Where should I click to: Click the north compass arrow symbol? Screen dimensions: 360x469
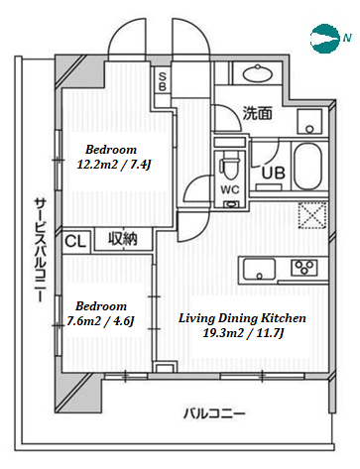(325, 38)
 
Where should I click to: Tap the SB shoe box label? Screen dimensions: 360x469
(163, 81)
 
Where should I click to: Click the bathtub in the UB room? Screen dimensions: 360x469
(309, 167)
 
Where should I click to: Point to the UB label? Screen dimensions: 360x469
(274, 173)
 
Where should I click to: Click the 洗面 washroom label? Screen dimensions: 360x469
(258, 113)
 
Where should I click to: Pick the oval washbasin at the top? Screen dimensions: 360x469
(258, 74)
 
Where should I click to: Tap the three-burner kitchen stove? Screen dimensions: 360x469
(304, 267)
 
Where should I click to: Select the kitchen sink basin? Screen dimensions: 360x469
(259, 269)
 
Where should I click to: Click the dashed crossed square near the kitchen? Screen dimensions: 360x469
(312, 215)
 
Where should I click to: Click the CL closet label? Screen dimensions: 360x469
(75, 241)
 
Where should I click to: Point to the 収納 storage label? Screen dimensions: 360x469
(123, 239)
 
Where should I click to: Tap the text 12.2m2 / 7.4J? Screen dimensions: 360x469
(114, 164)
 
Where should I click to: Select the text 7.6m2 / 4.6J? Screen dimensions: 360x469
(100, 320)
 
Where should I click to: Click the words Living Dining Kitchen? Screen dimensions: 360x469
(242, 318)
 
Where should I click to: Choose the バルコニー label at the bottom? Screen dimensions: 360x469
(214, 413)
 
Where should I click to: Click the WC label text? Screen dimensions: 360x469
(230, 189)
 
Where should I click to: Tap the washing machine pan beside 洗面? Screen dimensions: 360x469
(309, 121)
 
